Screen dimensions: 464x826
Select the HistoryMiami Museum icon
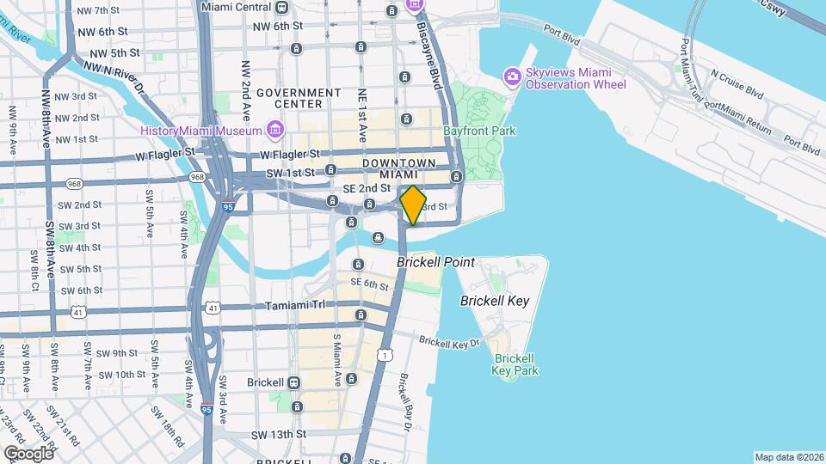[274, 131]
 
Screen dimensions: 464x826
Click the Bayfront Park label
[479, 131]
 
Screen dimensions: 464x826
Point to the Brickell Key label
[494, 301]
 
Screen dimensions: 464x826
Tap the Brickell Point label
[435, 262]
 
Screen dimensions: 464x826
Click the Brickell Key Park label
[515, 364]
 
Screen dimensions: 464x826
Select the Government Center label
[299, 98]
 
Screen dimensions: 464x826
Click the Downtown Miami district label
[398, 169]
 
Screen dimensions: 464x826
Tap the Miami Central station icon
[282, 7]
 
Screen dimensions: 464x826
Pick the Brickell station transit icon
[294, 382]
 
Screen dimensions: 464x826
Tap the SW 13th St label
[278, 435]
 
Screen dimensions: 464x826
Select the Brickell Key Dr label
[448, 342]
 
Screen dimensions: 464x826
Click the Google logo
[28, 453]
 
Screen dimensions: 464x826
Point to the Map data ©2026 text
[788, 457]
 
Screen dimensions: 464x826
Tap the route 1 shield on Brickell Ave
[385, 354]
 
